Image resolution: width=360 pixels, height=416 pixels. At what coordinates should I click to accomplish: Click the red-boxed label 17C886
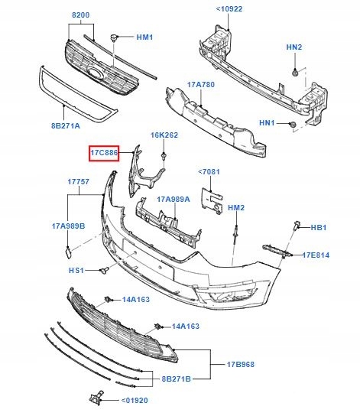click(x=103, y=154)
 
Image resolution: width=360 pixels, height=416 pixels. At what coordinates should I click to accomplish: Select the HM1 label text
click(x=144, y=37)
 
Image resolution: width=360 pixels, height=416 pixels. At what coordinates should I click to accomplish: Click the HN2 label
click(x=294, y=47)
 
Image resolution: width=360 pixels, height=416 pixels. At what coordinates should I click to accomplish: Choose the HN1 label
click(x=268, y=123)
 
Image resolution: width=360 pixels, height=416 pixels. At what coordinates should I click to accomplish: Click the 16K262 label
click(x=164, y=135)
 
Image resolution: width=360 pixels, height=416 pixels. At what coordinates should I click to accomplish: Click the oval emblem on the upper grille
click(x=96, y=73)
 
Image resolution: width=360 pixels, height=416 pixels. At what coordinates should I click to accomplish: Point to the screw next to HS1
click(x=105, y=270)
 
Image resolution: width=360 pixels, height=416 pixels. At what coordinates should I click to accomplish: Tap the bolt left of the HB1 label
click(x=295, y=226)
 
